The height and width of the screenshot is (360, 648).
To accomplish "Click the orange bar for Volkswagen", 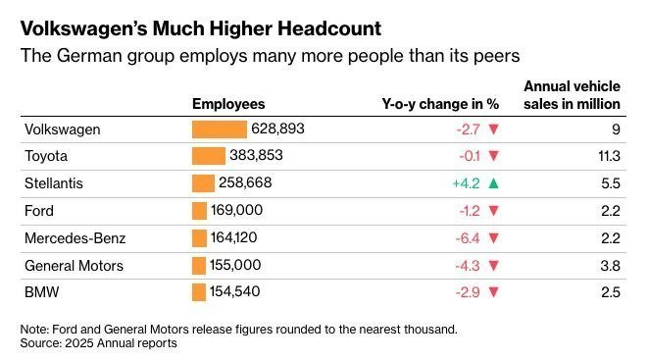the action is [x=220, y=129].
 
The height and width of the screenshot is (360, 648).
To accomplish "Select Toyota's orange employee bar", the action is [x=209, y=156].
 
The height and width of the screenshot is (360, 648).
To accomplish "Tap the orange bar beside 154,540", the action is [x=199, y=292].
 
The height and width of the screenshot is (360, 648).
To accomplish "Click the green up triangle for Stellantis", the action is [x=493, y=183].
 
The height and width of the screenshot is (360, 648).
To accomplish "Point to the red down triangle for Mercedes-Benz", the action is [x=493, y=238].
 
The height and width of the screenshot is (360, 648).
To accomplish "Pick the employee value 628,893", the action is [x=277, y=129].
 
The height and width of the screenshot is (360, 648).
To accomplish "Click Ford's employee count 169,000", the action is [x=237, y=210].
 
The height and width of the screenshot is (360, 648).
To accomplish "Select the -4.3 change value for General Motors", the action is [x=468, y=266].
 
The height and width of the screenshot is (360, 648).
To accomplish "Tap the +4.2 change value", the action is [x=467, y=183].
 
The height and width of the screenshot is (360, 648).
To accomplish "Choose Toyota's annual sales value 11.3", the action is [x=609, y=156].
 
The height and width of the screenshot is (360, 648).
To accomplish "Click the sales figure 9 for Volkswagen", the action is [x=616, y=129].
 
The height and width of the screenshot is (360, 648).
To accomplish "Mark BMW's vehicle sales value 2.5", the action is [x=611, y=292].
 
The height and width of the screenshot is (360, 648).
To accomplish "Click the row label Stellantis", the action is [x=54, y=183].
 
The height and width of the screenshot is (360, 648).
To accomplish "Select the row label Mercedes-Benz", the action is [x=75, y=238].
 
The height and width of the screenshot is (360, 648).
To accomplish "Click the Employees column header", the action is [x=228, y=104].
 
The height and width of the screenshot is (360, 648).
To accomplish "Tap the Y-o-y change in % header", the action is [x=440, y=104].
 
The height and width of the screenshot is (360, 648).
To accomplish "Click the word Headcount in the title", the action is [x=329, y=28].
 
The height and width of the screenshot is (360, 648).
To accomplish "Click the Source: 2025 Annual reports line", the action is [x=99, y=343].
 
